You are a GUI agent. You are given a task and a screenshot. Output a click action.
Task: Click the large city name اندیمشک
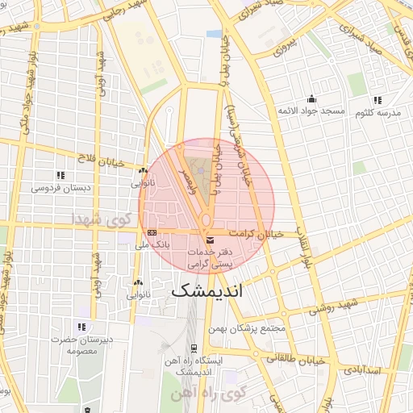[x=206, y=290]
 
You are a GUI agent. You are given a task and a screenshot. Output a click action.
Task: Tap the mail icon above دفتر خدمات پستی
[x=211, y=240]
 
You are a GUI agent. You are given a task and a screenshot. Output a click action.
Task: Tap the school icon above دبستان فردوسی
[x=60, y=175]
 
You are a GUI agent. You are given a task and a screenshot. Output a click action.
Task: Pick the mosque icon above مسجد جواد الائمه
[x=311, y=98]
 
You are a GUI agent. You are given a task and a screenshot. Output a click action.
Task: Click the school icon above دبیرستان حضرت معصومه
[x=81, y=327]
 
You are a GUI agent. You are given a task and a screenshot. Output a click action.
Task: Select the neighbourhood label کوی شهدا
[x=100, y=219]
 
